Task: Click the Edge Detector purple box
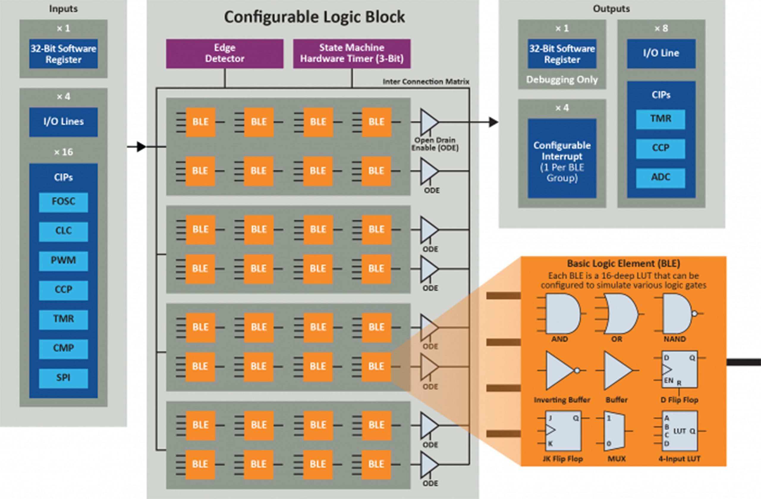coord(224,53)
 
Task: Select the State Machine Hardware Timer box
coord(352,53)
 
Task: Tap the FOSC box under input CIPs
coord(63,202)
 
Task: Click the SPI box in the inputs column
coord(63,378)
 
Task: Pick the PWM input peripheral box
coord(63,261)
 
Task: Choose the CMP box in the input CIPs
coord(63,348)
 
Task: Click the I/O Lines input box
coord(63,122)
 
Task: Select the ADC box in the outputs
coord(660,178)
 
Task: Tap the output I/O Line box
coord(661,53)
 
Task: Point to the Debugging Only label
coord(562,80)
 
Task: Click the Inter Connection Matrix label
coord(426,82)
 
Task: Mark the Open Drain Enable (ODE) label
coord(435,144)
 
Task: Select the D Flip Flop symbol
coord(679,369)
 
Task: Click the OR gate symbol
coord(619,314)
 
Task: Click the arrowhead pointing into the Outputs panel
coord(493,122)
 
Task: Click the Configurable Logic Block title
coord(314,17)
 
